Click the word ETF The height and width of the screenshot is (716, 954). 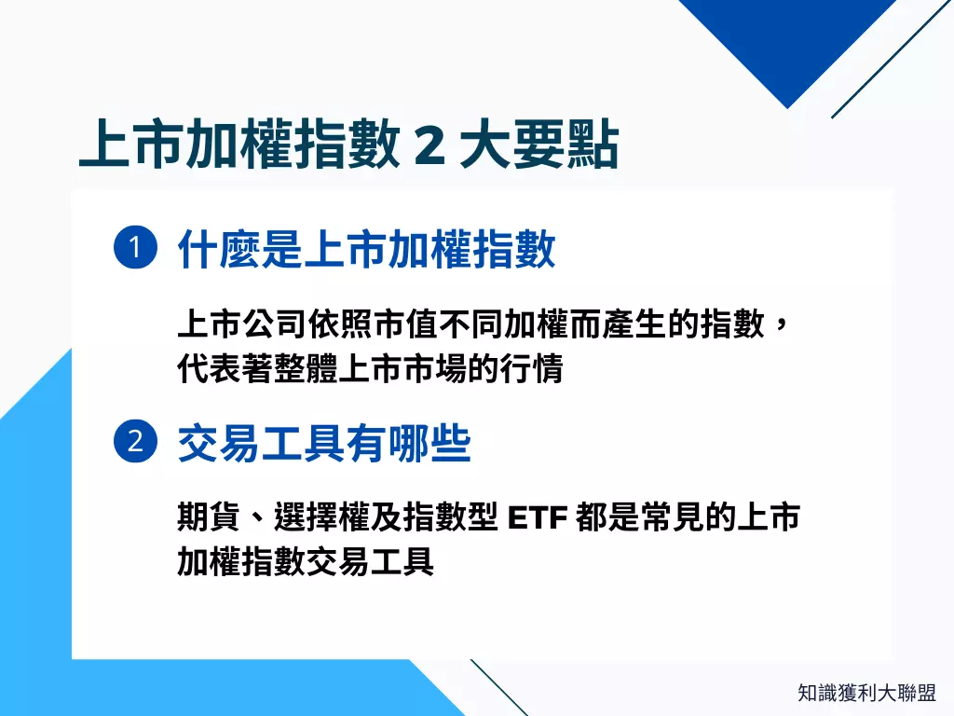(538, 516)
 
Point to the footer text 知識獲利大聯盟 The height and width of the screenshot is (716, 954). (866, 693)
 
